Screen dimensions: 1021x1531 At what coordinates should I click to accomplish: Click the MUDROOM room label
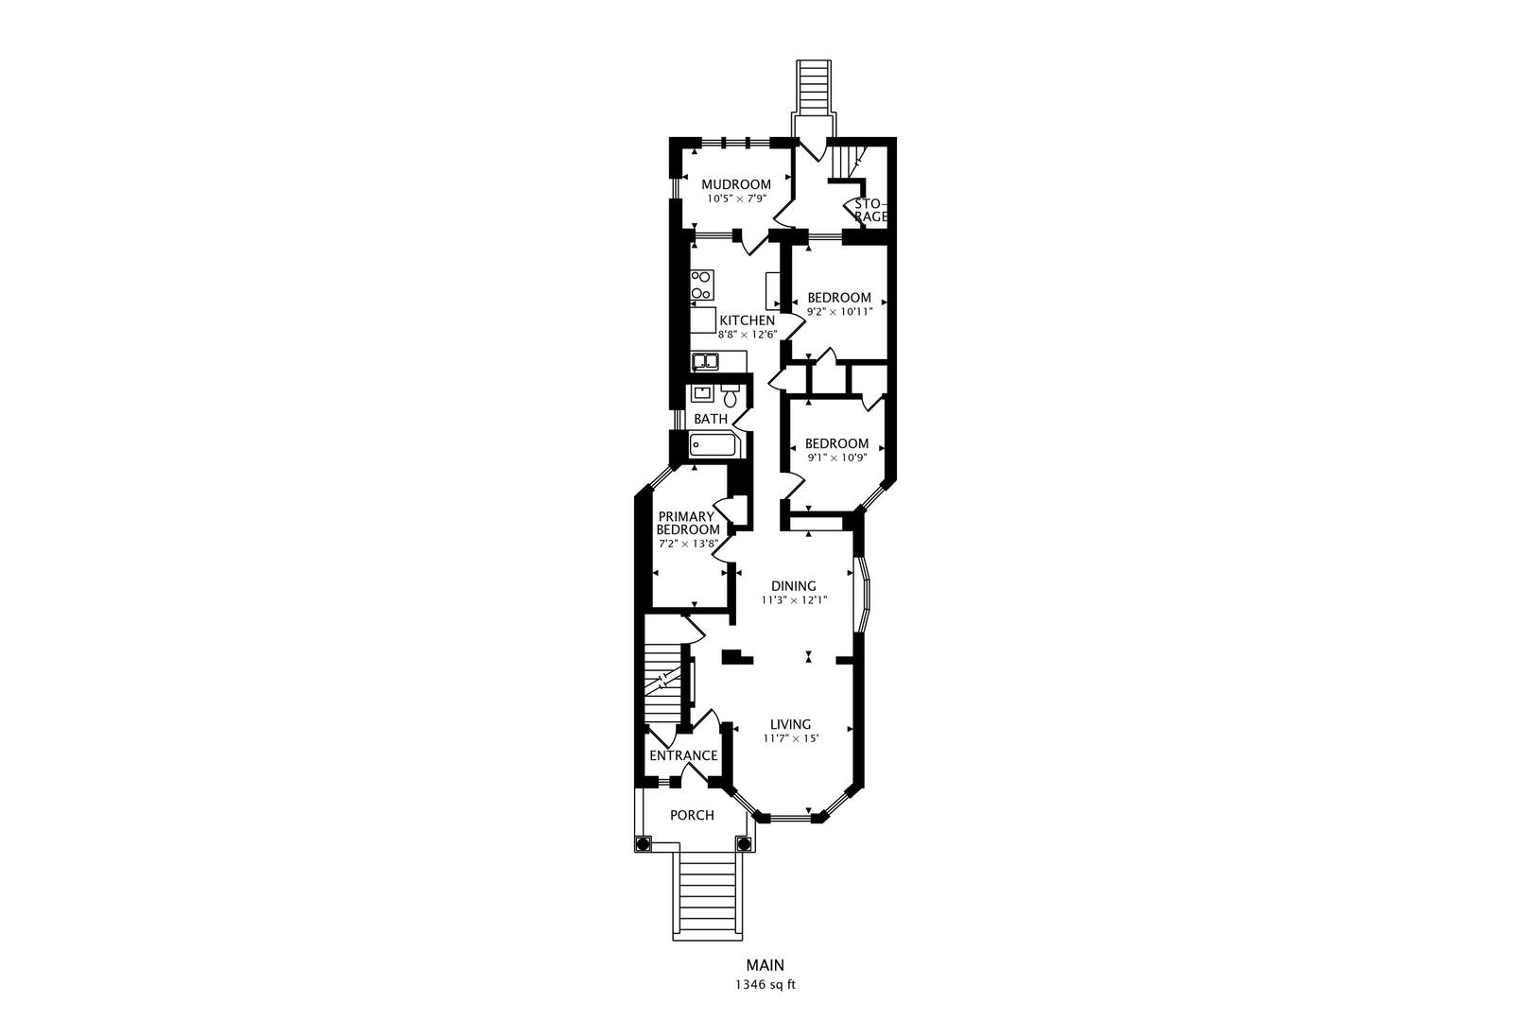[x=735, y=184]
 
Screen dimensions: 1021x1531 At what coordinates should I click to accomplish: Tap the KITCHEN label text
[x=747, y=320]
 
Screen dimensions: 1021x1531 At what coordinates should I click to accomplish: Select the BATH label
[x=711, y=419]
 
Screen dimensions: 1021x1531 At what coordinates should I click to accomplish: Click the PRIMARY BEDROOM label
[x=688, y=523]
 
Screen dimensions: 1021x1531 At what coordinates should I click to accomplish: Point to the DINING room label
[x=794, y=586]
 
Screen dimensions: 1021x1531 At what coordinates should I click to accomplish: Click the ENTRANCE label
[x=683, y=755]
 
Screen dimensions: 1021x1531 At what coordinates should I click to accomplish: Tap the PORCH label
[x=692, y=815]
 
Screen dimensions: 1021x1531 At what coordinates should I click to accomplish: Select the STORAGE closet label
[x=871, y=210]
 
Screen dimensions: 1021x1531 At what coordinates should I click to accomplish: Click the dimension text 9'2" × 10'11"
[x=839, y=310]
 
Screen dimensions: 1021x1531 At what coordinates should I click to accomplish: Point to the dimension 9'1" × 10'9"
[x=836, y=457]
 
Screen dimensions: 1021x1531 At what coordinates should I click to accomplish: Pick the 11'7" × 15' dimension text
[x=790, y=738]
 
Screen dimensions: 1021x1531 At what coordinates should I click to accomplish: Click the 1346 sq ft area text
[x=765, y=984]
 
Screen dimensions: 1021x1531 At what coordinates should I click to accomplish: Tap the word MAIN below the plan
[x=765, y=965]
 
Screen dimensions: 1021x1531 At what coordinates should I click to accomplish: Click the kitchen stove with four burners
[x=701, y=286]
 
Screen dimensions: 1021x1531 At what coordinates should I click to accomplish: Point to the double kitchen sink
[x=705, y=360]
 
